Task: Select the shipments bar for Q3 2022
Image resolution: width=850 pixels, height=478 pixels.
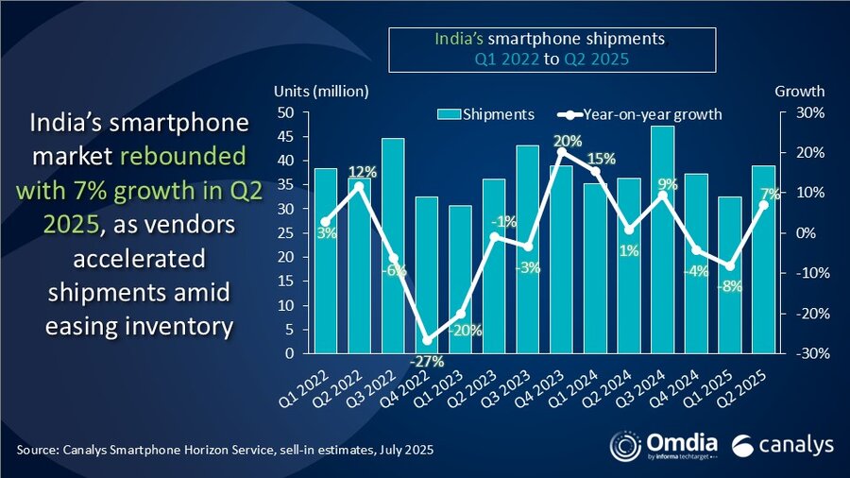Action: [393, 246]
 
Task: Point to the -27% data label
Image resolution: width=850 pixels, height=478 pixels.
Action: [426, 361]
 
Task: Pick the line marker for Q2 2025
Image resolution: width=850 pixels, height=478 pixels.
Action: [763, 205]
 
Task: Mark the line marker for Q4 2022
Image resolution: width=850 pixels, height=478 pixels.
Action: [426, 340]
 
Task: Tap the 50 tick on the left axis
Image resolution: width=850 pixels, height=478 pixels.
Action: [285, 112]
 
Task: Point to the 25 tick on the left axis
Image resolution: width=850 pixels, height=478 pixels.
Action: [285, 232]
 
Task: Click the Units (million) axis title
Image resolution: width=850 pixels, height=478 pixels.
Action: [321, 92]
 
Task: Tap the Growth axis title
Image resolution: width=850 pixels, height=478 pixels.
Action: [799, 92]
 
